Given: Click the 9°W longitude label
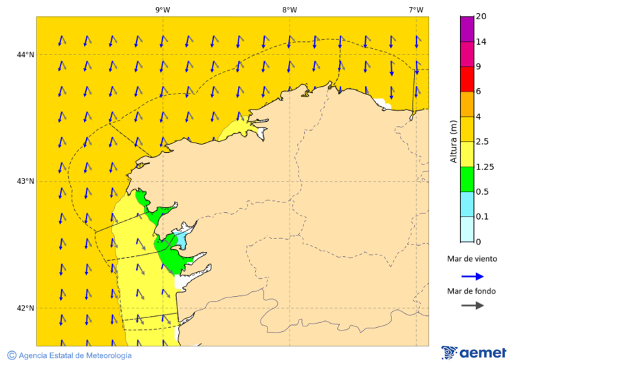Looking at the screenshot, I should (163, 10).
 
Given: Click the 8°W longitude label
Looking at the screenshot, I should (290, 10).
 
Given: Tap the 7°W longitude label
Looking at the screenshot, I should (415, 10).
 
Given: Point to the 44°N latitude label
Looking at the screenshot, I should (25, 54).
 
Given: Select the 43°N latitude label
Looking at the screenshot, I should (25, 181).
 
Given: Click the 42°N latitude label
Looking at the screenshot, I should (25, 308).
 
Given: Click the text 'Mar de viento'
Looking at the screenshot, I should (472, 260).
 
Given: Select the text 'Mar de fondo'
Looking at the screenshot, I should (472, 291).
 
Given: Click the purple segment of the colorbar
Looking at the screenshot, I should (467, 28).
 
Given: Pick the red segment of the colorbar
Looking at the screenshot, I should (467, 78).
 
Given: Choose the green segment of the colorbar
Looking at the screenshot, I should (467, 179).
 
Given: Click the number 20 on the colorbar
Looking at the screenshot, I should (481, 17).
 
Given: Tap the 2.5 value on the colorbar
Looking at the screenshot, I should (484, 142).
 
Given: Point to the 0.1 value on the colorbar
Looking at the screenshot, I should (483, 217).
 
